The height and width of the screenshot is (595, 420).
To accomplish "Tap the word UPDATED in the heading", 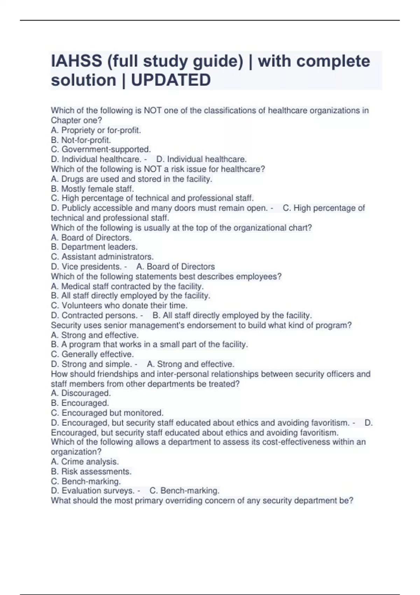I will point(171,80).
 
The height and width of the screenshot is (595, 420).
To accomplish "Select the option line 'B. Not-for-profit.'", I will point(81,140).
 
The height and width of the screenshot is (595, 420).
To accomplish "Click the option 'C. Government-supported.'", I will point(101,149).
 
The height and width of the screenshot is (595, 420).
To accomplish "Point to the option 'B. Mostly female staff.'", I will point(92,189).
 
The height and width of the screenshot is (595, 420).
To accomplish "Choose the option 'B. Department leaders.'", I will point(94,247).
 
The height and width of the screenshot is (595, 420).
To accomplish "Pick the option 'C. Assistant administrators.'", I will point(102,257).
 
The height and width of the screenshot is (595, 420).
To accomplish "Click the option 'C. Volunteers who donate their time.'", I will point(119,306).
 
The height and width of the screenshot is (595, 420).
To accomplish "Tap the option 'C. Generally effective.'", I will point(92,354).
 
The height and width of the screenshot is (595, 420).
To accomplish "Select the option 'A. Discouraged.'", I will point(81,393).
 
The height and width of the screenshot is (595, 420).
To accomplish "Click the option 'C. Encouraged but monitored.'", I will point(107,413).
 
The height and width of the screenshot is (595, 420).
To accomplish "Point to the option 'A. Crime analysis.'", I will point(85,462).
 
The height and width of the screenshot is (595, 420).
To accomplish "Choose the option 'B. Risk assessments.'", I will point(91,471).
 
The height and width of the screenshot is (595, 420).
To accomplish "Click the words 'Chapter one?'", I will point(76,120).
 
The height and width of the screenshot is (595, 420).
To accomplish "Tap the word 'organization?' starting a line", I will point(76,452).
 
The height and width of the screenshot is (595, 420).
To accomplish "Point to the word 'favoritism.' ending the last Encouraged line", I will point(318,433).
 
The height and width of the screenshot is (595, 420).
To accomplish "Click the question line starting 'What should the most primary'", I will point(202,500).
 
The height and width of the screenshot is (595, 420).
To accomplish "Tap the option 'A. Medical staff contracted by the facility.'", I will point(127,286).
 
